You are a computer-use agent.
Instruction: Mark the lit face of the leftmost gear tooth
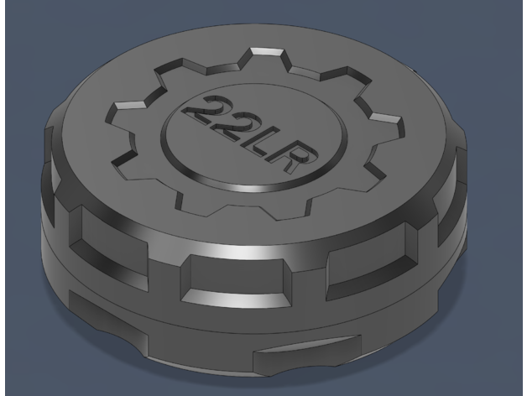click(130, 105)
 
